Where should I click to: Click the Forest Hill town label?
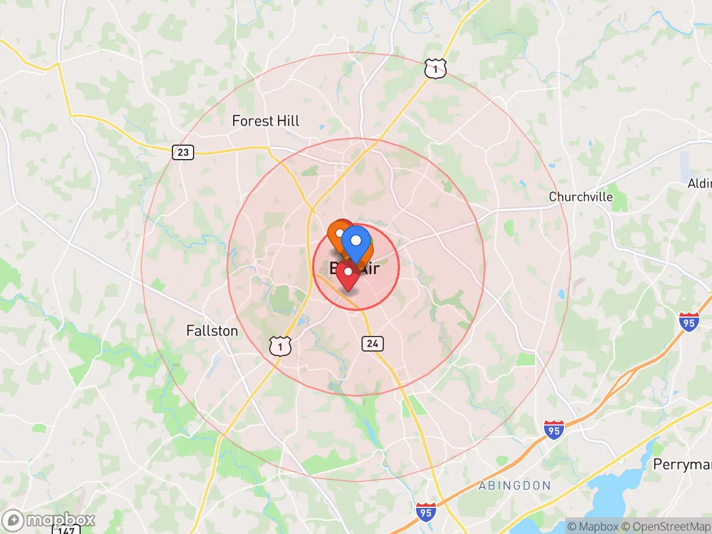(x=265, y=121)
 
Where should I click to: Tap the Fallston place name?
(x=212, y=331)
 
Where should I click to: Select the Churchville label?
(x=581, y=197)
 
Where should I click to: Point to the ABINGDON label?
(x=515, y=486)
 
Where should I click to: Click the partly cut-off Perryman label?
(x=682, y=464)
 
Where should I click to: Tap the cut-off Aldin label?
(x=700, y=184)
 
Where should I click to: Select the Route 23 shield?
(x=183, y=152)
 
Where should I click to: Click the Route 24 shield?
(x=372, y=344)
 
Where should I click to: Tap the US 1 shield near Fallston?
(x=280, y=347)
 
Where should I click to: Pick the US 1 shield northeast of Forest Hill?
(x=435, y=70)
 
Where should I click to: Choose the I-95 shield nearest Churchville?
(x=689, y=322)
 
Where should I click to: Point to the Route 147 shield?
(x=66, y=529)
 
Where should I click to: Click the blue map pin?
(x=356, y=241)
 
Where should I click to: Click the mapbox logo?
(x=48, y=520)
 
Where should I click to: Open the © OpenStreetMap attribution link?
(x=666, y=526)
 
